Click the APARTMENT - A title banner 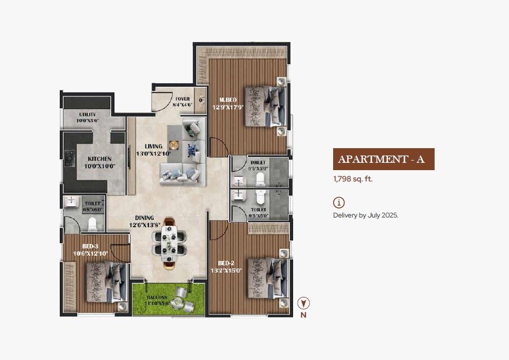click(383, 159)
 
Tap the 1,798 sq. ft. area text click(353, 179)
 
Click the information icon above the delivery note click(339, 203)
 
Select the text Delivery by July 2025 click(365, 215)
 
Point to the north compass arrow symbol click(303, 303)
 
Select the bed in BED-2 click(265, 278)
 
